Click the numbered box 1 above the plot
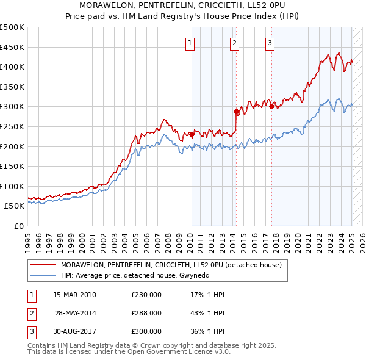pos(190,43)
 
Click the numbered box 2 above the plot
pos(234,43)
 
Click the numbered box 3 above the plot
pos(270,43)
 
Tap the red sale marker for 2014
pos(236,111)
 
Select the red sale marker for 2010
pos(192,134)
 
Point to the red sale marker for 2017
pos(271,106)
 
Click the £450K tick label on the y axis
pos(12,47)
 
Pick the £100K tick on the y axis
pos(12,186)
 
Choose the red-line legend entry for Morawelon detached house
pos(171,265)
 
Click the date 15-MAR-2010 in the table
pos(75,295)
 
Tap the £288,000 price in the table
pos(146,313)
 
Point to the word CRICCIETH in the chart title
pos(207,5)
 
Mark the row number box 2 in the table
pos(31,313)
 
